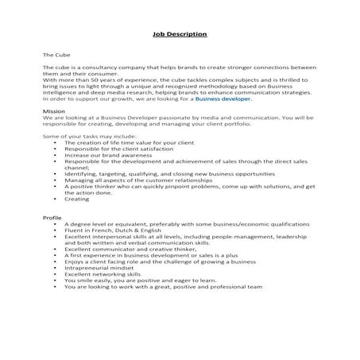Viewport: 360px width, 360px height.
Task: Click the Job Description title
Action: (x=180, y=35)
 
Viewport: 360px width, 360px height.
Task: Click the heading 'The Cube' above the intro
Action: (x=55, y=55)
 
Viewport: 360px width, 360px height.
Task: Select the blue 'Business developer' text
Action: (x=224, y=99)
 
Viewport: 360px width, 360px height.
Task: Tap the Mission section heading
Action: (x=53, y=113)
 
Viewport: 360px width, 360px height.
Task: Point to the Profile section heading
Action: (x=52, y=217)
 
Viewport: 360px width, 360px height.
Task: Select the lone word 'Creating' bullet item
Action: (x=77, y=199)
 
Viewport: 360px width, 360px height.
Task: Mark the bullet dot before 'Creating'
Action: (x=55, y=199)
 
